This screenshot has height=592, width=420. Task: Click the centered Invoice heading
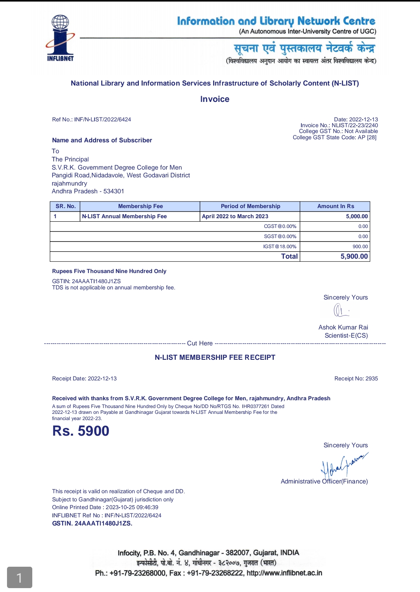coord(215,99)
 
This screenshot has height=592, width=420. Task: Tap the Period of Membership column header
coord(250,206)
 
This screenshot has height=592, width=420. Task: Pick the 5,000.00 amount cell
coord(357,216)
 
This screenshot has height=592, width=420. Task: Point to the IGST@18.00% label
coord(280,247)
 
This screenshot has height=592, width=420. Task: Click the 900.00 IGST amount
coord(360,247)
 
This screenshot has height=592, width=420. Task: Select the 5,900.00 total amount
coord(354,256)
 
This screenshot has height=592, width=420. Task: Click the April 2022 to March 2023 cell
coord(235,216)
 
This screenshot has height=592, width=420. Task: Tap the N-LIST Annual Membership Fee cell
coord(124,216)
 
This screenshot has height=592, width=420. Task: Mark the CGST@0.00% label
coord(280,226)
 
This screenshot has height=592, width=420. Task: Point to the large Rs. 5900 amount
coord(81,431)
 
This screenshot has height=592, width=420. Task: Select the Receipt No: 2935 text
coord(356,378)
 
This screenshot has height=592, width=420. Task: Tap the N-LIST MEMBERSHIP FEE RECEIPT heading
coord(215,357)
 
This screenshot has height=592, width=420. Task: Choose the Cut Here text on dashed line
coord(200,343)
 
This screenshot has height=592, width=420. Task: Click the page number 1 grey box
coord(19,578)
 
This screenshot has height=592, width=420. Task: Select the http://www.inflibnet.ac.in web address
coord(284,573)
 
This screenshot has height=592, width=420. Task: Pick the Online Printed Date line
coord(105,507)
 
